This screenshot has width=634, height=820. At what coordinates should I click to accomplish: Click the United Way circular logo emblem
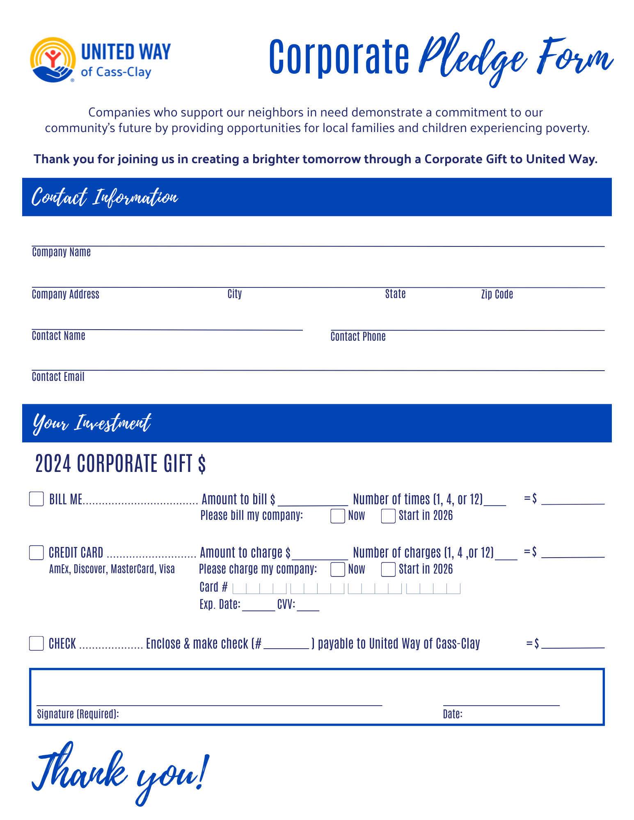tap(53, 60)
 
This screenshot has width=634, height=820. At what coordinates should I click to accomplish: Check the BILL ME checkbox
tap(37, 499)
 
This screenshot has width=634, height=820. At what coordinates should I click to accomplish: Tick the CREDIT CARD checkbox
tap(37, 553)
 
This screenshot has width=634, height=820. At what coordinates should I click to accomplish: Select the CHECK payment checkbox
tap(37, 643)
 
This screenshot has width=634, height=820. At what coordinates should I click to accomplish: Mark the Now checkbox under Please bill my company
tap(337, 516)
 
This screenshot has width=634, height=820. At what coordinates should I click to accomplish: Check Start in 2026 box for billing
tap(388, 516)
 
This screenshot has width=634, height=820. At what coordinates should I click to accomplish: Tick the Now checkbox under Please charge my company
tap(337, 569)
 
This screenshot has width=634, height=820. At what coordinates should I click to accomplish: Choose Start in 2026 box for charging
tap(388, 569)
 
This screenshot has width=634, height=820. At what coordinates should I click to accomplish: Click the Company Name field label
tap(61, 252)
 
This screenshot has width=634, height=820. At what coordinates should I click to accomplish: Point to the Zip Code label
tap(497, 294)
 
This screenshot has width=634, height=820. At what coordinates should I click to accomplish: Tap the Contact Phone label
tap(358, 337)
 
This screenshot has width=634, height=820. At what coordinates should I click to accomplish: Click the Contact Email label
tap(58, 377)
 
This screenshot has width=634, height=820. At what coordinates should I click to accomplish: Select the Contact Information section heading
tap(105, 197)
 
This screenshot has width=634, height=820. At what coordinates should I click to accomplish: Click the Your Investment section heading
tap(92, 423)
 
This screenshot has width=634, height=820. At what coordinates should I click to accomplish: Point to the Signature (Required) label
tap(78, 714)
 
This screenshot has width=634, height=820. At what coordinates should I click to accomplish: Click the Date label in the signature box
tap(453, 714)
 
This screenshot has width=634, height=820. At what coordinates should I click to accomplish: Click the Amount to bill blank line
tap(313, 503)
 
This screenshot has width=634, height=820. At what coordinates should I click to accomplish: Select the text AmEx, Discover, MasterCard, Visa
tap(112, 569)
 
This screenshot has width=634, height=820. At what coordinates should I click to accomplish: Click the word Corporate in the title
tap(339, 57)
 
